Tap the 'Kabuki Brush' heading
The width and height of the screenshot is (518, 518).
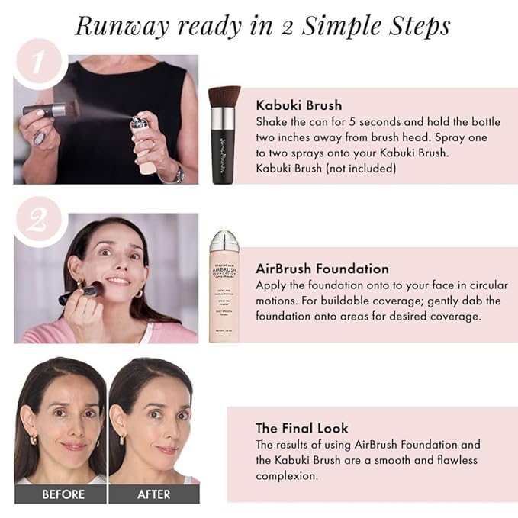[x=298, y=105]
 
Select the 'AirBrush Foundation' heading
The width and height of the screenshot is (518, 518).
[x=322, y=269]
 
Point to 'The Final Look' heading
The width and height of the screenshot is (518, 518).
[x=303, y=428]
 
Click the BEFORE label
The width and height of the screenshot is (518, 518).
[x=63, y=494]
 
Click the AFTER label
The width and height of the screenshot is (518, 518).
[x=153, y=494]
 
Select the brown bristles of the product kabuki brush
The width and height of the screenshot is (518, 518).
[x=225, y=98]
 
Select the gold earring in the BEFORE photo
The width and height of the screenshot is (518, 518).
[x=33, y=440]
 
